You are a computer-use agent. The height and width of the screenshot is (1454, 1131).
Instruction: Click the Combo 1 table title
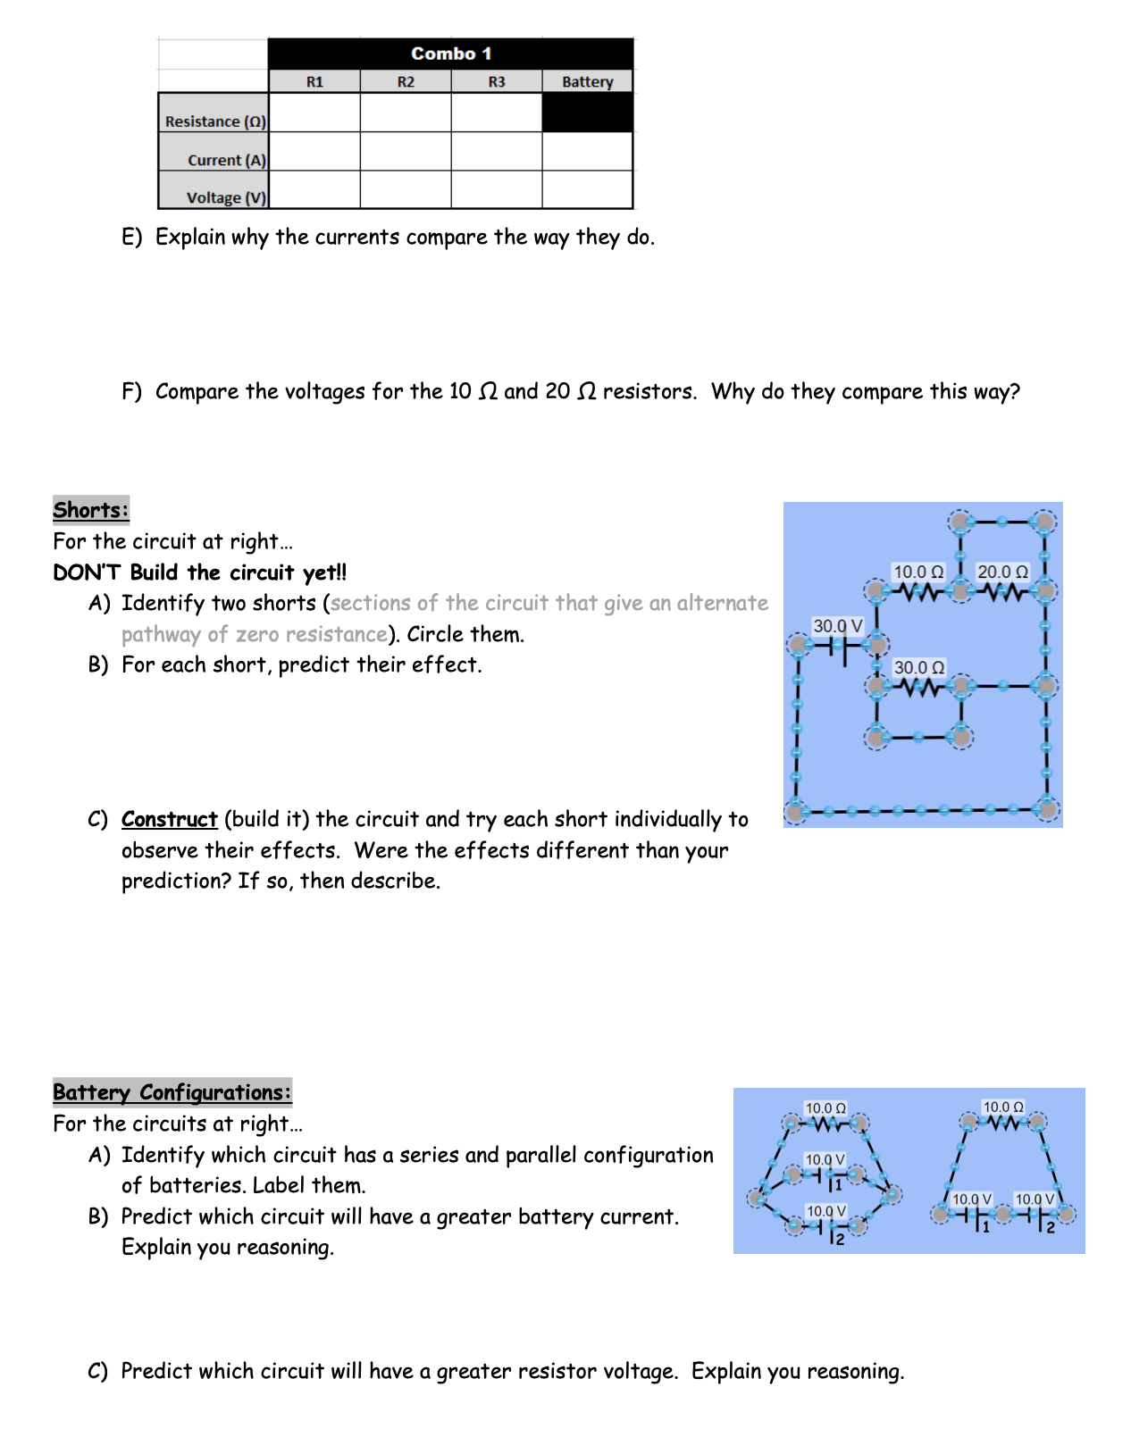[451, 54]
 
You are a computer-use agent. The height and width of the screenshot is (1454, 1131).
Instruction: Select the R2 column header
[406, 82]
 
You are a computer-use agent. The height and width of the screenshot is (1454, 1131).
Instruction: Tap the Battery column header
[587, 82]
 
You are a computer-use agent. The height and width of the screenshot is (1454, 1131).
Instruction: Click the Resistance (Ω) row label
[215, 121]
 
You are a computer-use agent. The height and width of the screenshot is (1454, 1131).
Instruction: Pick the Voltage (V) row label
[226, 197]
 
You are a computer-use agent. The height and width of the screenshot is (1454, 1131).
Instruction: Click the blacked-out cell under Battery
[587, 113]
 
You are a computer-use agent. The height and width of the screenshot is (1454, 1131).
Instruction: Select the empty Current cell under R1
[314, 152]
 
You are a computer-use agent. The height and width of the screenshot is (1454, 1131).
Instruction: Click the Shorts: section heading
[91, 510]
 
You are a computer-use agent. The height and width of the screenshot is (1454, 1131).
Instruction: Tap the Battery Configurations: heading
[172, 1092]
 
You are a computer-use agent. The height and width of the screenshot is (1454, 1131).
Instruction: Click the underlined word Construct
[170, 819]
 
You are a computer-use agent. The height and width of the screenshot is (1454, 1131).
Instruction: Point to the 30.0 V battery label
[837, 626]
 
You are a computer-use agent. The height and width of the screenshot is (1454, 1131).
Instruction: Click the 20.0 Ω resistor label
[1002, 572]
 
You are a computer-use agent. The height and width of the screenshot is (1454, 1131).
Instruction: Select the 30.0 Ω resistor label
[918, 667]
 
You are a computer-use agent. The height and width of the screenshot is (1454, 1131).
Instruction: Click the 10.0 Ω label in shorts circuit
[918, 572]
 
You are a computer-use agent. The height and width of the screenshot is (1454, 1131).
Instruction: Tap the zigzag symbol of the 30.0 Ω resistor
[918, 688]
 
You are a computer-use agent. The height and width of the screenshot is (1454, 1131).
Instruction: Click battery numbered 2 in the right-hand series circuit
[1040, 1216]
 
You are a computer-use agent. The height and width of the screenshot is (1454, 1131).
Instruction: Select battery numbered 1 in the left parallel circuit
[827, 1175]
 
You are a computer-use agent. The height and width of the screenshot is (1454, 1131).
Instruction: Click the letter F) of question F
[131, 391]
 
